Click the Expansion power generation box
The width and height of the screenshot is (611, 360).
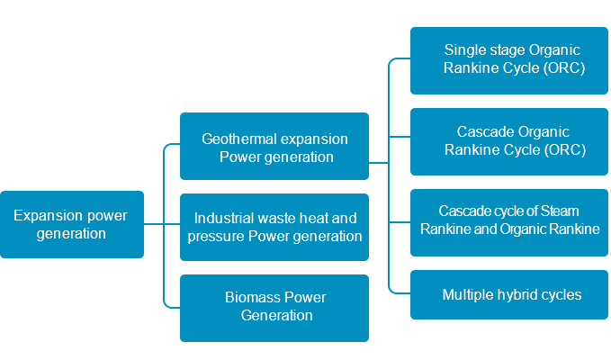(x=72, y=224)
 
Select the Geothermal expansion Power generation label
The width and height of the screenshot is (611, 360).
(x=274, y=148)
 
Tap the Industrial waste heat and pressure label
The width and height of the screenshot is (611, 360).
(x=275, y=227)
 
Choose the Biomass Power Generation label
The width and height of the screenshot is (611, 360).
(x=275, y=306)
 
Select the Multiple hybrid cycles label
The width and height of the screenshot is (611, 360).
(x=512, y=294)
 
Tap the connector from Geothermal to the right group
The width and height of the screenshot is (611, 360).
(x=378, y=163)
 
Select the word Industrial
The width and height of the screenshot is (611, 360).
(x=221, y=218)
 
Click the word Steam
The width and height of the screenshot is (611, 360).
(x=561, y=211)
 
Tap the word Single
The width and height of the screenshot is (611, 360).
(x=464, y=49)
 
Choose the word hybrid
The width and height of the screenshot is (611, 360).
(x=516, y=294)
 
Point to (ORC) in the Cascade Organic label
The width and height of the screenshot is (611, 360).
(x=566, y=149)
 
